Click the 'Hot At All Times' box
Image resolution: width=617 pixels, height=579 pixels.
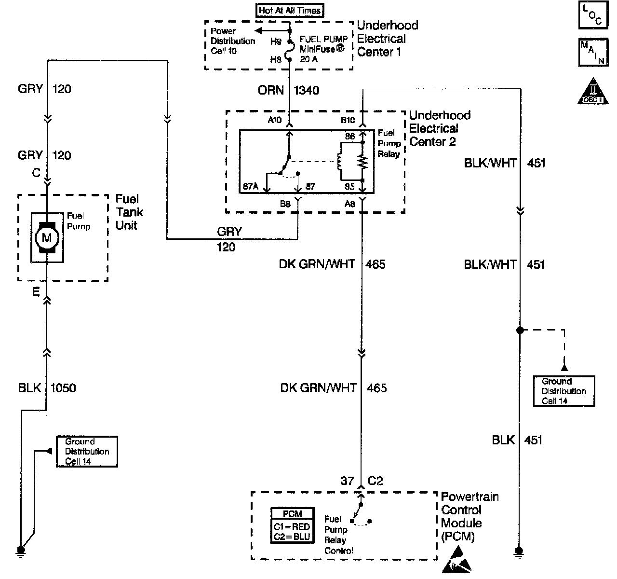pos(290,10)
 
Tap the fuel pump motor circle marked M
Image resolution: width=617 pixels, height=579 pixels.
pos(47,238)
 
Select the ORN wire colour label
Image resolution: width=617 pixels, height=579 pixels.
pos(271,90)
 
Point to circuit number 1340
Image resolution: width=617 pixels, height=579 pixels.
pos(306,90)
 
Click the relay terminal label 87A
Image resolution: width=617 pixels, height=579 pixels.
pos(250,186)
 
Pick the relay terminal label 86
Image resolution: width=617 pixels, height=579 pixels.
pos(350,136)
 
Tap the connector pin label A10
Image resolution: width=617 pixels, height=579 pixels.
pos(275,120)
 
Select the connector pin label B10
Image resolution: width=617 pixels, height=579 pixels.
pos(348,120)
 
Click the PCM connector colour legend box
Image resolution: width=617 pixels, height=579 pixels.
pos(292,525)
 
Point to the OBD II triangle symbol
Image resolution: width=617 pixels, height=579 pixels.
pos(593,91)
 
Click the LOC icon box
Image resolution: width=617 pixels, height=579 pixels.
pos(593,15)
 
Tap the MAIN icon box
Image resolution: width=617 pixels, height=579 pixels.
pos(593,52)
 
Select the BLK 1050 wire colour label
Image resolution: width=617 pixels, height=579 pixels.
pos(30,388)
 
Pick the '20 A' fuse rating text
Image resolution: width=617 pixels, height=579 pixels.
pos(308,59)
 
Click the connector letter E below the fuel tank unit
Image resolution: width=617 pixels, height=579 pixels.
pos(36,292)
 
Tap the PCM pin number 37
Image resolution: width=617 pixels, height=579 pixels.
pos(347,481)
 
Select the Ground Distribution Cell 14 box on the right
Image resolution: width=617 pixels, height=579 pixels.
pos(564,391)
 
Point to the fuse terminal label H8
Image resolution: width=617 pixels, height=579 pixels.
pos(276,59)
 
